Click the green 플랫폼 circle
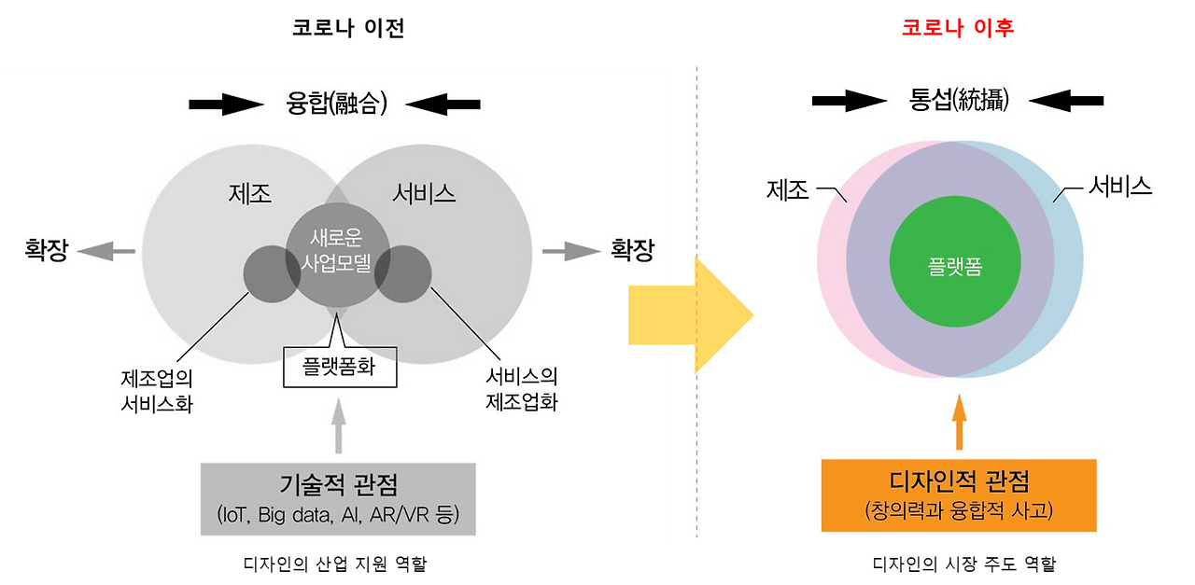(949, 267)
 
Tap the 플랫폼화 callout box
(340, 367)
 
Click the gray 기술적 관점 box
(338, 499)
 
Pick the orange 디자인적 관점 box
(959, 495)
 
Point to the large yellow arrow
(691, 314)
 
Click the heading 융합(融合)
(335, 104)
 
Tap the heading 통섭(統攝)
(958, 100)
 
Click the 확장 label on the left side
(46, 250)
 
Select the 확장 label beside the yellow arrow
(632, 250)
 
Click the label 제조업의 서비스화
(157, 392)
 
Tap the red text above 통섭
(958, 29)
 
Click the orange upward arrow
(959, 423)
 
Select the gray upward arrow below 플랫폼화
(339, 425)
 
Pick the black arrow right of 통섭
(1068, 100)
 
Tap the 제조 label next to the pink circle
(787, 190)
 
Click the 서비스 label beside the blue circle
(1120, 187)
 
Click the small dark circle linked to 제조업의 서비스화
(271, 274)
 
